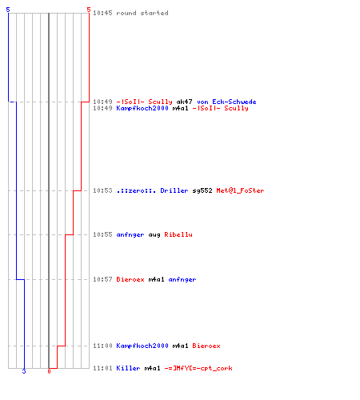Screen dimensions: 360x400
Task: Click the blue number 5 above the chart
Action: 8,10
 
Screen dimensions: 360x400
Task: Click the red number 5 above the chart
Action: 89,10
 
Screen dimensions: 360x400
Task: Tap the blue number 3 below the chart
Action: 24,371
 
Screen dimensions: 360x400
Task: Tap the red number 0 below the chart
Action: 49,371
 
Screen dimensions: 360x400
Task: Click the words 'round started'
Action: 142,13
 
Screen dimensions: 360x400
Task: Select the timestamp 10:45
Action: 102,13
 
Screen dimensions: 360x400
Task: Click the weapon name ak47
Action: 184,102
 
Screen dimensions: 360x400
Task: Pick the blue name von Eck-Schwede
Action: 226,102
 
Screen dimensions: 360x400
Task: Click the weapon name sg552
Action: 202,190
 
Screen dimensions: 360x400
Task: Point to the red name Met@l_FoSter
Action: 240,190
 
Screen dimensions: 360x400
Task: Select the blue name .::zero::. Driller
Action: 152,190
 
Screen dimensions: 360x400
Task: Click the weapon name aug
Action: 154,234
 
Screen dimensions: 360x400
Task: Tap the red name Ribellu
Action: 178,234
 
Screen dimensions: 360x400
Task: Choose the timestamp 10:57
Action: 102,279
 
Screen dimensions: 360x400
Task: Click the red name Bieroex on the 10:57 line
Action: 130,279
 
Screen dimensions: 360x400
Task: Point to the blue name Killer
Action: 128,368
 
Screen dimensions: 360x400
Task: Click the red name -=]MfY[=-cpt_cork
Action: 198,368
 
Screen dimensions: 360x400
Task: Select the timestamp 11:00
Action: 102,346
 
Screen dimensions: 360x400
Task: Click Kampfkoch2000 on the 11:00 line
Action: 142,346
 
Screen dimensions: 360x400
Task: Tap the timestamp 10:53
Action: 102,190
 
